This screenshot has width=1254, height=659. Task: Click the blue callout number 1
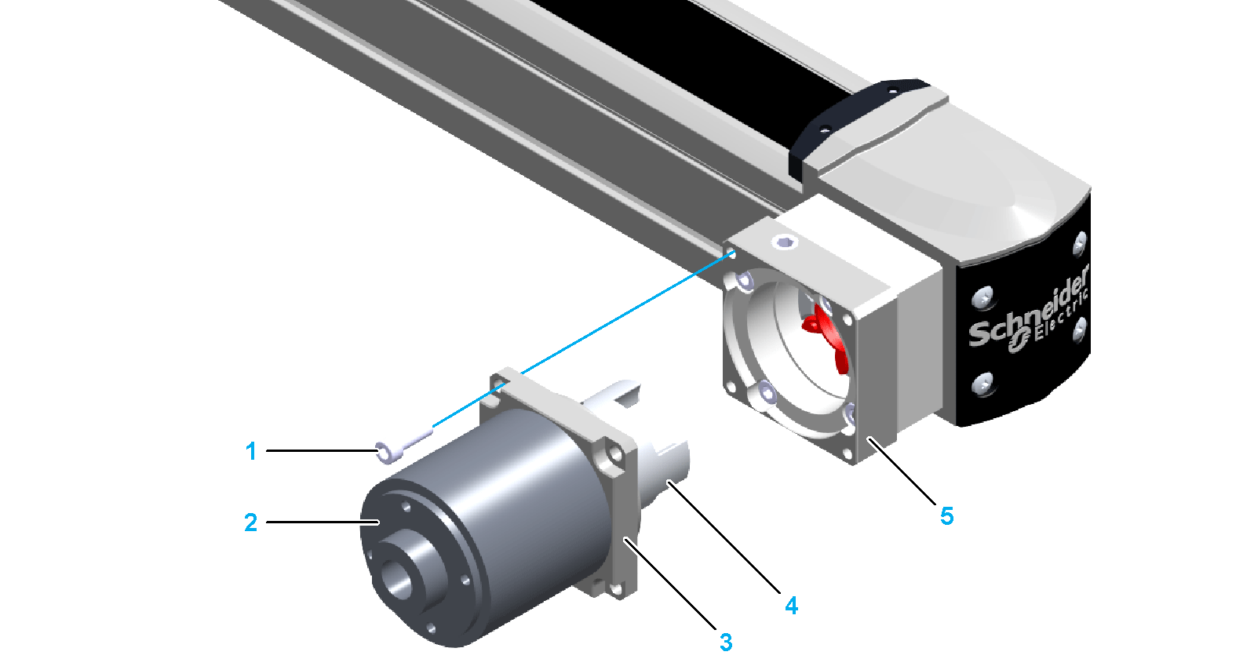[251, 451]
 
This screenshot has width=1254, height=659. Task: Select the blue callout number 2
[251, 522]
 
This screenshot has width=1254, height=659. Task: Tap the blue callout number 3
[726, 643]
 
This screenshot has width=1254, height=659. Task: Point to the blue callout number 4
[791, 605]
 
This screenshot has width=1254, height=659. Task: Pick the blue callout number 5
[946, 516]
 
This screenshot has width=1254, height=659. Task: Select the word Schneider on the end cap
[1029, 310]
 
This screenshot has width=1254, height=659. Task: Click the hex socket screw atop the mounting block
[784, 242]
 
